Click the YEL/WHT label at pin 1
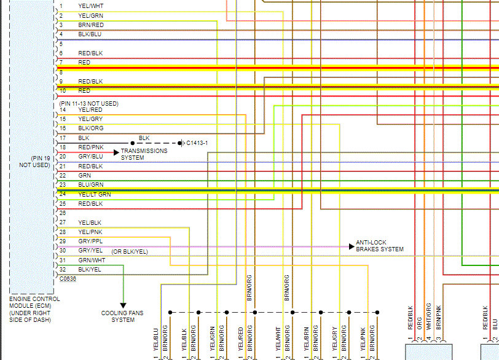(90, 6)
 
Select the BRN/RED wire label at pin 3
(90, 25)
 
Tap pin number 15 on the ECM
(62, 119)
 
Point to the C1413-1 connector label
(197, 143)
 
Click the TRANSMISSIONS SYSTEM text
(144, 154)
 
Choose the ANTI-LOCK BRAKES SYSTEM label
(379, 246)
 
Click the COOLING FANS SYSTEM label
(122, 316)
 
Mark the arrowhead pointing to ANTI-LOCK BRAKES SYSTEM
(351, 246)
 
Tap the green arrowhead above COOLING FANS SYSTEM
(123, 305)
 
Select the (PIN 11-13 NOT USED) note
(88, 103)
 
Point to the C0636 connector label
(68, 278)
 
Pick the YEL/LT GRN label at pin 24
(98, 194)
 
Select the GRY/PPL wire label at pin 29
(91, 241)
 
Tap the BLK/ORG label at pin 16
(91, 128)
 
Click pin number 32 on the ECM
(62, 269)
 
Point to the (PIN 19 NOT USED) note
(34, 162)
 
